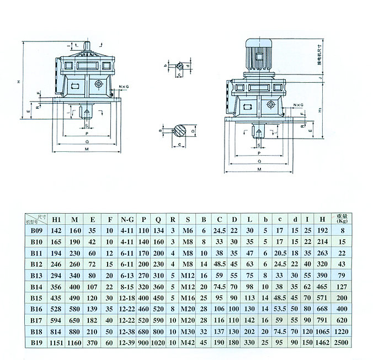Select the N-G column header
point(127,218)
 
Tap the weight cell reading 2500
point(342,342)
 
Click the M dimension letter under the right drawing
point(258,170)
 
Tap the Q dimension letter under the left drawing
point(87,141)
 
